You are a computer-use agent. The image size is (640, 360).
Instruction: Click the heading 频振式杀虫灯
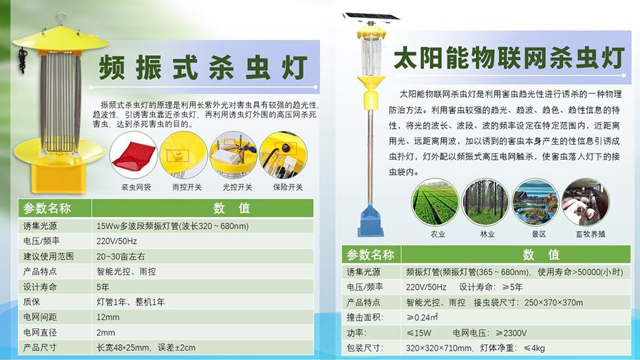pyautogui.click(x=203, y=67)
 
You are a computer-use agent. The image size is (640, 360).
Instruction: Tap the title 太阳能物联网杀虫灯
pyautogui.click(x=509, y=58)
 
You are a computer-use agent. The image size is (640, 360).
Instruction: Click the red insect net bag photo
pyautogui.click(x=134, y=155)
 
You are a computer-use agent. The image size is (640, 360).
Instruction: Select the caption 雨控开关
pyautogui.click(x=187, y=187)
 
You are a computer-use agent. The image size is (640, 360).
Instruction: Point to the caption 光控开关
pyautogui.click(x=237, y=187)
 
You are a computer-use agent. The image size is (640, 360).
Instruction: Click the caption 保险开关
pyautogui.click(x=288, y=187)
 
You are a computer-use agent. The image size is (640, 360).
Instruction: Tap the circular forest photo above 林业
pyautogui.click(x=485, y=202)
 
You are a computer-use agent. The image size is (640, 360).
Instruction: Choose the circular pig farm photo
pyautogui.click(x=586, y=202)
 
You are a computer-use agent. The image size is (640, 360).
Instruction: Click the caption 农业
pyautogui.click(x=438, y=234)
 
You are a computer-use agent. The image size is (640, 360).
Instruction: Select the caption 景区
pyautogui.click(x=539, y=234)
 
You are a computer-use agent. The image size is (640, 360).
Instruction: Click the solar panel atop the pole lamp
pyautogui.click(x=372, y=17)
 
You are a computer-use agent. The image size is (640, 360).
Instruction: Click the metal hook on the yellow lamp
pyautogui.click(x=61, y=19)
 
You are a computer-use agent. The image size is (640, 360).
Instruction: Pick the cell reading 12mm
pyautogui.click(x=108, y=317)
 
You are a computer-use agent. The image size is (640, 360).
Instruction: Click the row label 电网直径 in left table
pyautogui.click(x=40, y=332)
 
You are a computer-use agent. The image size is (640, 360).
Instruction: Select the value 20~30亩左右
pyautogui.click(x=120, y=256)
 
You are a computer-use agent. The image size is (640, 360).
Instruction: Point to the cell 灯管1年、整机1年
pyautogui.click(x=131, y=302)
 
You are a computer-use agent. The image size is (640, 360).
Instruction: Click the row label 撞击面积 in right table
pyautogui.click(x=365, y=317)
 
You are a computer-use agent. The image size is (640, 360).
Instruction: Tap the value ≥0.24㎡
pyautogui.click(x=422, y=317)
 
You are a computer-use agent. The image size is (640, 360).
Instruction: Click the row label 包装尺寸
pyautogui.click(x=365, y=348)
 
